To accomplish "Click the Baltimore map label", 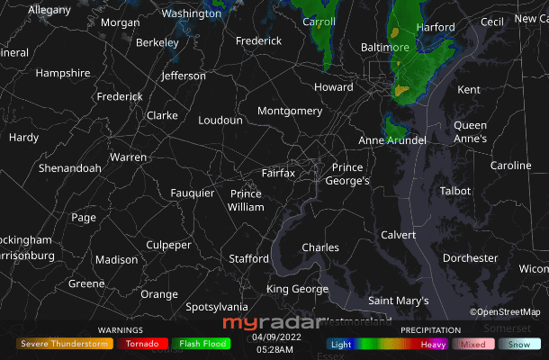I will click(385, 47).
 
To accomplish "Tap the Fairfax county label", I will click(278, 173).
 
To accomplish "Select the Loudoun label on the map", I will click(220, 120).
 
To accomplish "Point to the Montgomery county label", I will click(290, 111).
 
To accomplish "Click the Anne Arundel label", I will click(392, 140).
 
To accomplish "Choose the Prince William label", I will click(246, 200).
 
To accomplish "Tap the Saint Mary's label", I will click(399, 301).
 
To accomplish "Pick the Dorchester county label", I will click(470, 258).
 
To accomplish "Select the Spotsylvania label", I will click(216, 307).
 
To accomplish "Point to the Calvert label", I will click(399, 235).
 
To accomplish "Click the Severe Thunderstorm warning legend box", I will click(65, 344).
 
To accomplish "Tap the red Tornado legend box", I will click(142, 344).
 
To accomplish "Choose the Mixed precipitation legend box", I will click(473, 344).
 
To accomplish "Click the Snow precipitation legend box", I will click(519, 344).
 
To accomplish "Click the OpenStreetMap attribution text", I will click(505, 312).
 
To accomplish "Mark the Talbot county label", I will click(455, 191).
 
